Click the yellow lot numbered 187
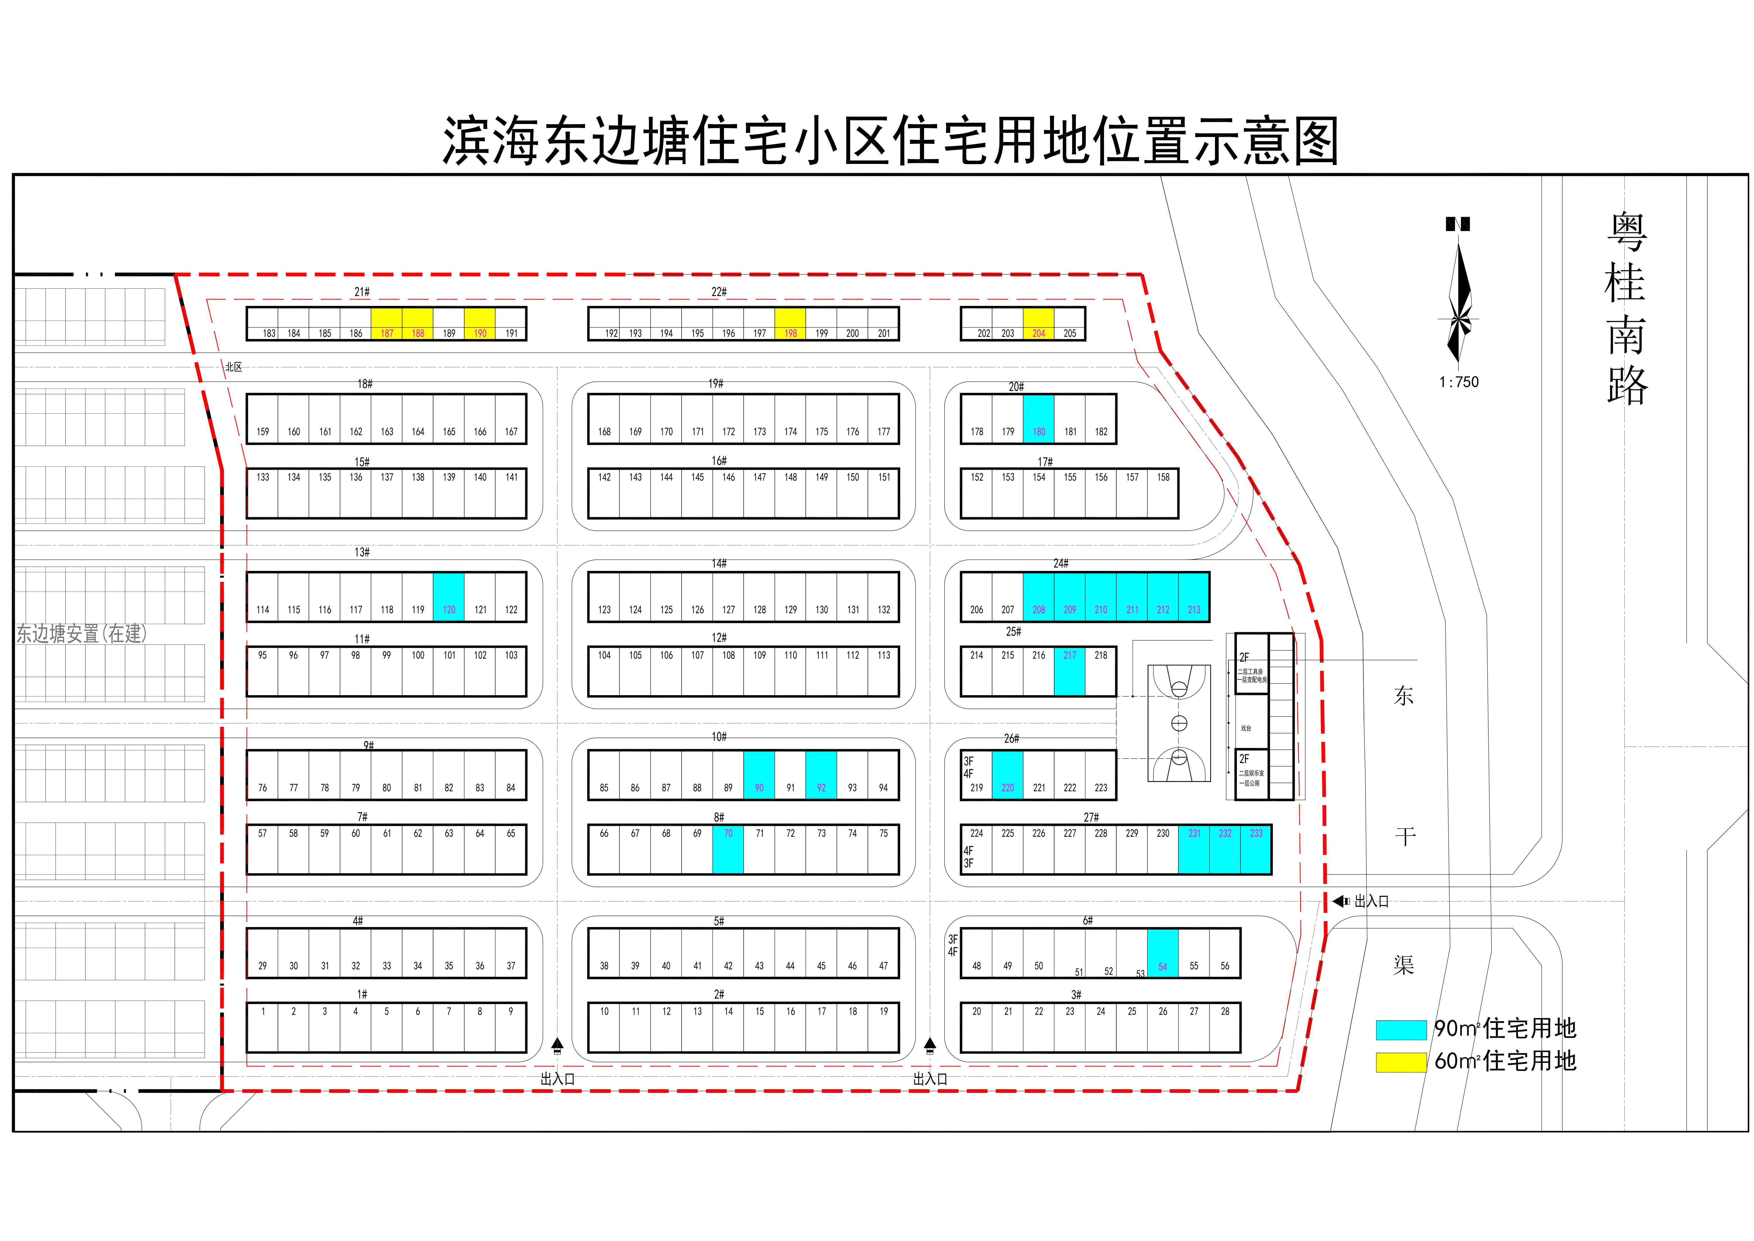[386, 324]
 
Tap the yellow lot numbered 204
[1038, 324]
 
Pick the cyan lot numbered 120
[449, 597]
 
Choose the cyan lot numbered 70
[728, 849]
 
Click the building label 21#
[361, 292]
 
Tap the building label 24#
[1060, 563]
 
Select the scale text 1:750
[1458, 382]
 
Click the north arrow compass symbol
[1459, 298]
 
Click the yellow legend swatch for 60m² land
[1401, 1062]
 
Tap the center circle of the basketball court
[1179, 723]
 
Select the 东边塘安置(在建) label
[81, 634]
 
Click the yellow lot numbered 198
[790, 324]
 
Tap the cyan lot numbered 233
[1256, 849]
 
